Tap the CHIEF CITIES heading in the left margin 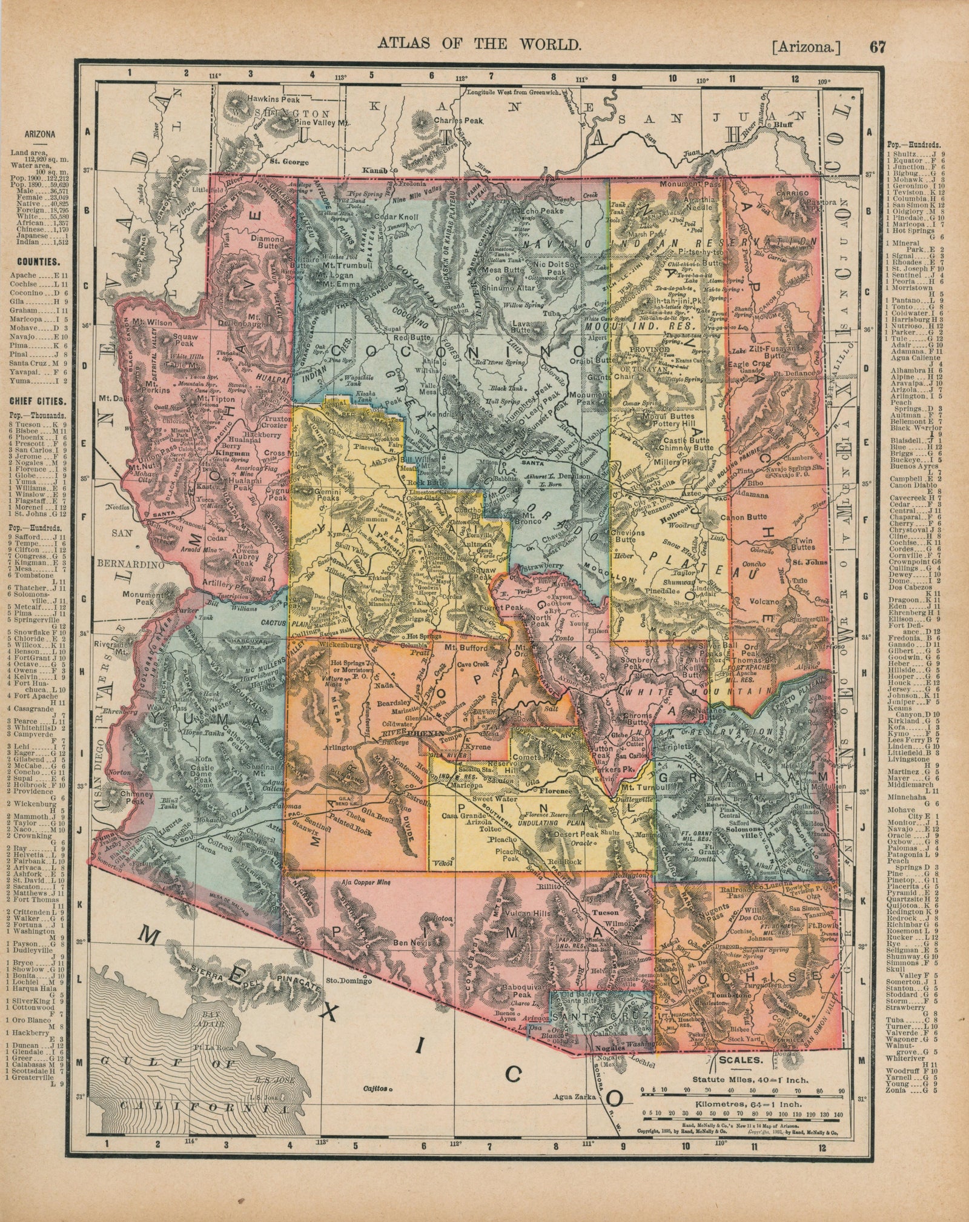click(x=38, y=402)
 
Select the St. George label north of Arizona click(x=289, y=162)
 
